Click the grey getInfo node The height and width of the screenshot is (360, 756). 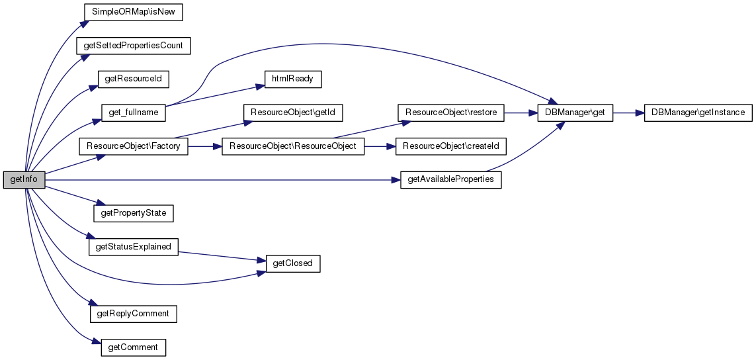tap(24, 179)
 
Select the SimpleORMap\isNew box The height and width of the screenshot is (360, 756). tap(134, 12)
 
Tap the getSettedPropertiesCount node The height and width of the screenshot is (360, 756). tap(134, 46)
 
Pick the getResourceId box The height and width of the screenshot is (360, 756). tap(134, 79)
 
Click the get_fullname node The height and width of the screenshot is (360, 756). tap(134, 112)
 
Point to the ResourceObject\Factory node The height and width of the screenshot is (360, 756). tap(134, 146)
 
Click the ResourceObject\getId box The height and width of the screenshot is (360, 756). tap(292, 112)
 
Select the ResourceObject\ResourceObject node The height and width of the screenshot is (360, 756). tap(292, 146)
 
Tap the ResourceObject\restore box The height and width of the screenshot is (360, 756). tap(450, 112)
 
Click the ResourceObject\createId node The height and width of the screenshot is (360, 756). tap(450, 146)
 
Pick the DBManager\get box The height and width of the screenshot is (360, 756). tap(575, 112)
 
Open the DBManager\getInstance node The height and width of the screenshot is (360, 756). tap(698, 112)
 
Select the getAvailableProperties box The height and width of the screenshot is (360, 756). tap(450, 179)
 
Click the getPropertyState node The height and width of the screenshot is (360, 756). tap(134, 213)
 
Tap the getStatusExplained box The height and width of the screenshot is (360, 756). tap(134, 247)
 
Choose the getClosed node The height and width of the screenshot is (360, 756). tap(292, 263)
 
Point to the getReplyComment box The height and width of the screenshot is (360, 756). tap(134, 313)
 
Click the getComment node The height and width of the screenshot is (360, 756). tap(134, 347)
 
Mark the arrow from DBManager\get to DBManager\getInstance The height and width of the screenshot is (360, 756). tap(628, 112)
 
